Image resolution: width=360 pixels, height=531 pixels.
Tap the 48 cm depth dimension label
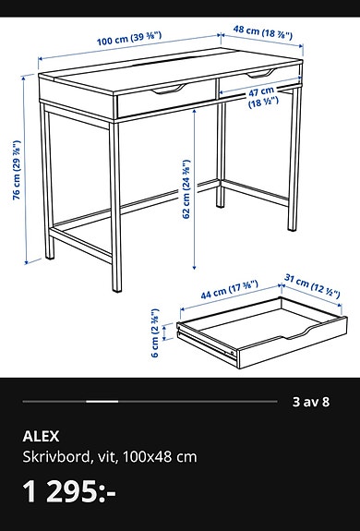(x=262, y=31)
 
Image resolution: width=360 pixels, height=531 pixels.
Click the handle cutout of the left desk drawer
(x=169, y=91)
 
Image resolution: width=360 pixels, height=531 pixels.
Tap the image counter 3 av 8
(x=311, y=402)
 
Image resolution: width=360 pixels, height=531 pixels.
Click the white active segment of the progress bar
(x=102, y=402)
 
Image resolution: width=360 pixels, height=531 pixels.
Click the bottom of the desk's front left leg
(x=52, y=258)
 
